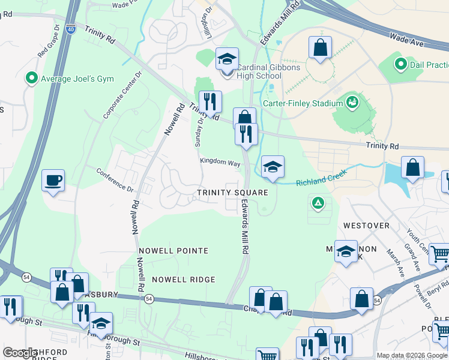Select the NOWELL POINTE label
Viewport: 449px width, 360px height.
tap(173, 250)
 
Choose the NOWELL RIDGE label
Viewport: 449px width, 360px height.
tap(183, 280)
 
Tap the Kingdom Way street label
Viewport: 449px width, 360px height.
tap(220, 163)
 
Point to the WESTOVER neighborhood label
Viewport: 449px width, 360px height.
tap(366, 226)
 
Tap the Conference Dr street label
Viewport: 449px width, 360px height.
tap(114, 178)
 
